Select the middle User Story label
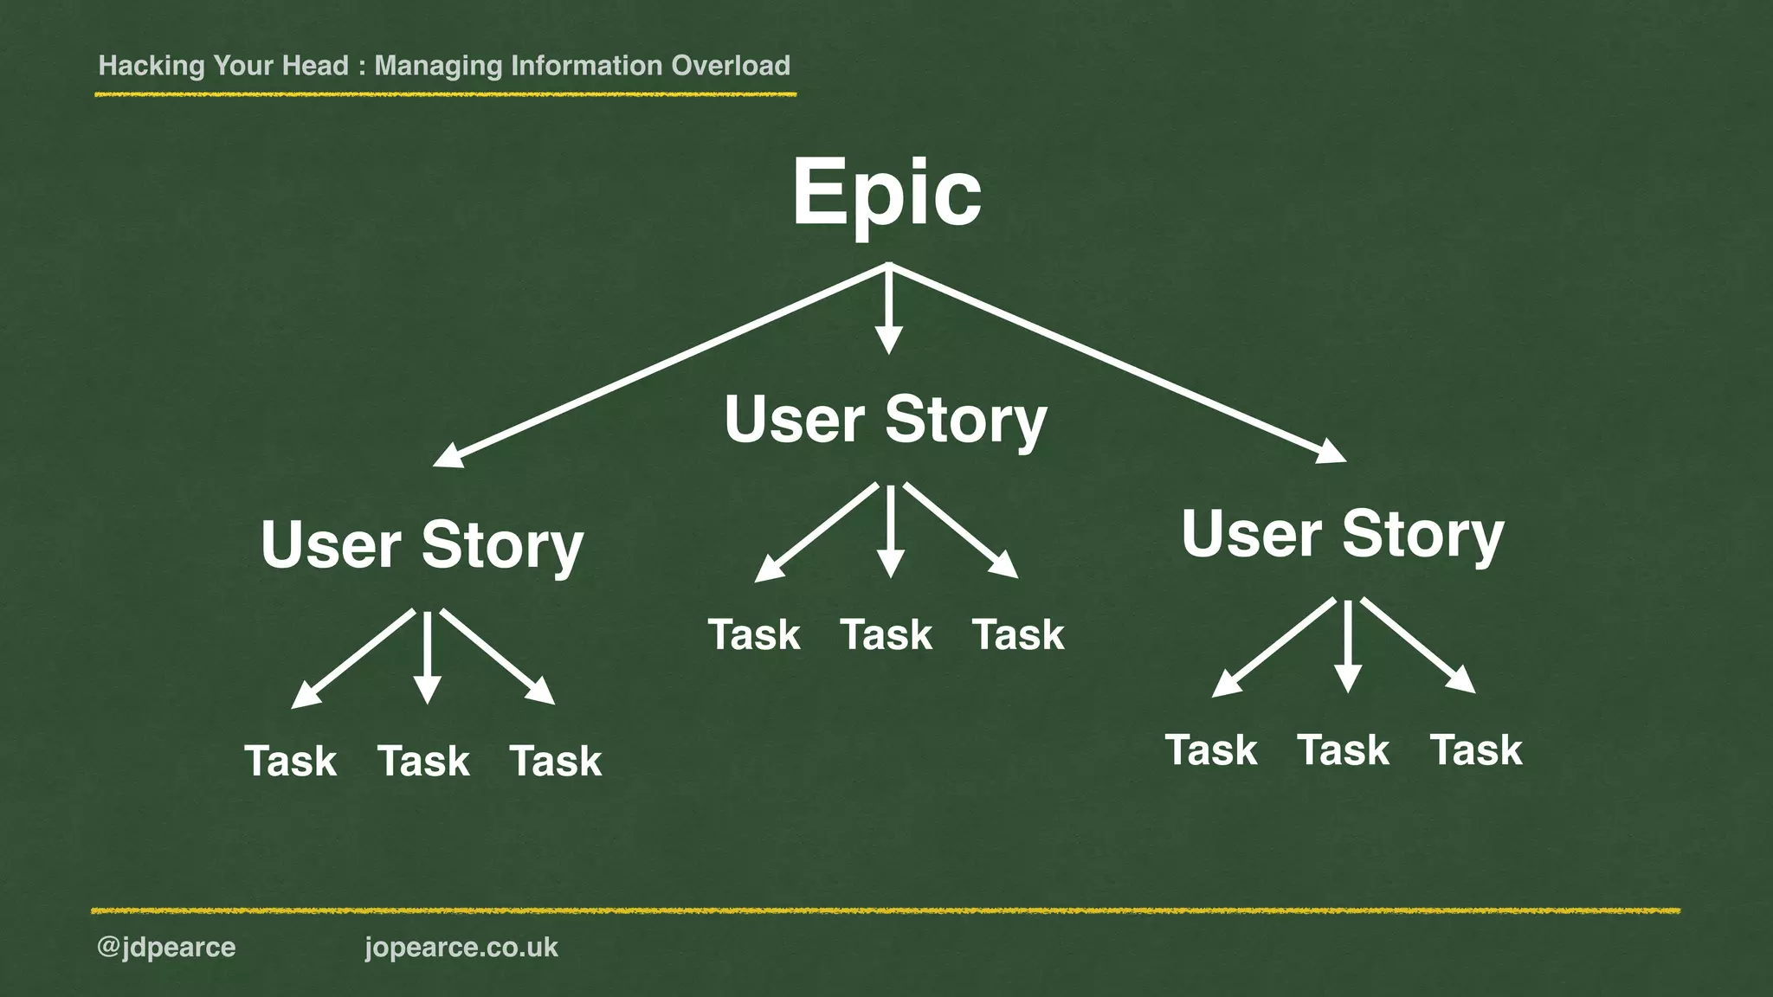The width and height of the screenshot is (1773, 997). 886,420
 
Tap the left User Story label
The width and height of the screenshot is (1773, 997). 422,545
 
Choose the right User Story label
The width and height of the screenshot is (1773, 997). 1343,534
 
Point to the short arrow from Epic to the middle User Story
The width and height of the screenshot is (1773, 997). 888,312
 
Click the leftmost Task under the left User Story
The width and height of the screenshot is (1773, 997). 291,762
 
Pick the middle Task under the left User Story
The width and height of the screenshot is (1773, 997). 424,762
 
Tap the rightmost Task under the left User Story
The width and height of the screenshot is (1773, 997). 556,762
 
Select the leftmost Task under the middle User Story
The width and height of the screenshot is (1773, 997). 754,634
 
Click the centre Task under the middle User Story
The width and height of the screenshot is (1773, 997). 886,634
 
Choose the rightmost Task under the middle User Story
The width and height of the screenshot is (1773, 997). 1018,634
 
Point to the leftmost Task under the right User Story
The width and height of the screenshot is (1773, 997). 1211,750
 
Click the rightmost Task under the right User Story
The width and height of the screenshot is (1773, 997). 1476,750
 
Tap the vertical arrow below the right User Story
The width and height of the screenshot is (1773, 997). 1347,645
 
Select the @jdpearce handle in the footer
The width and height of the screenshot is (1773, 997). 166,947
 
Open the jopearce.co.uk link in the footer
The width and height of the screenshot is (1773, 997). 461,947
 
